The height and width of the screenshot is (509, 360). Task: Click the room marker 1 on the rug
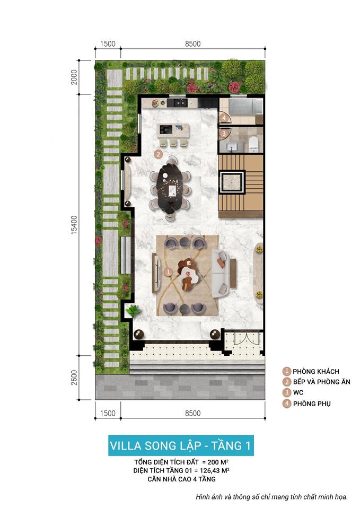pyautogui.click(x=169, y=272)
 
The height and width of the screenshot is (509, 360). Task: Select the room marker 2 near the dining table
pyautogui.click(x=158, y=154)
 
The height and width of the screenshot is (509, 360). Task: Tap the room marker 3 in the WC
pyautogui.click(x=224, y=134)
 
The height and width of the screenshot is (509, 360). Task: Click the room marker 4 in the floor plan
pyautogui.click(x=224, y=118)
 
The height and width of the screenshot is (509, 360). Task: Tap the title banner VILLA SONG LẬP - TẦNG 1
pyautogui.click(x=180, y=445)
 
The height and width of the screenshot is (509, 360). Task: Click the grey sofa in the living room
pyautogui.click(x=221, y=273)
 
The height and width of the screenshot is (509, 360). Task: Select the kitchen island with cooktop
pyautogui.click(x=173, y=129)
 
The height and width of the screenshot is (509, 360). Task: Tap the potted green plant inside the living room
pyautogui.click(x=133, y=310)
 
